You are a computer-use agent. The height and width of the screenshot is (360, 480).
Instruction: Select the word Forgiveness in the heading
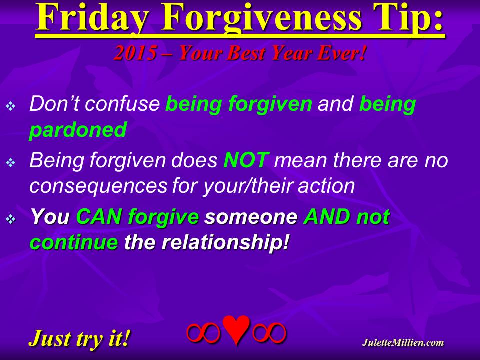[x=262, y=18]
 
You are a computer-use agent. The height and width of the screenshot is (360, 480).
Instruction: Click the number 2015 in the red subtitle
[x=135, y=53]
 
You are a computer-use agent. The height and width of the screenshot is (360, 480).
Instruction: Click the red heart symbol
[x=236, y=330]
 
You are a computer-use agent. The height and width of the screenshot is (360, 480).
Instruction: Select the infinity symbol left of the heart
[x=203, y=332]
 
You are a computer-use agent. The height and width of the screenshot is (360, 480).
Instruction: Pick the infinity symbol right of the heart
[x=269, y=332]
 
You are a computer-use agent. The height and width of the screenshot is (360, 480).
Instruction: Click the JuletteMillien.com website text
[x=403, y=342]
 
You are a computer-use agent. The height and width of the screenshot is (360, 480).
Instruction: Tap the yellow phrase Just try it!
[x=80, y=338]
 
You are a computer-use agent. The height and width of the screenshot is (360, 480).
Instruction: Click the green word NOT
[x=246, y=160]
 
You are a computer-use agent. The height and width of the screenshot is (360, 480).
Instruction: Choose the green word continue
[x=74, y=242]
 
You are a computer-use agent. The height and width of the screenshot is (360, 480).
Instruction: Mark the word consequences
[x=98, y=186]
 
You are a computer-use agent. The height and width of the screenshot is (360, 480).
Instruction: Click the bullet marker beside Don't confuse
[x=10, y=106]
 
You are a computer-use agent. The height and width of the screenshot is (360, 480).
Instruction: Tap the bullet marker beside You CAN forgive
[x=10, y=219]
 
